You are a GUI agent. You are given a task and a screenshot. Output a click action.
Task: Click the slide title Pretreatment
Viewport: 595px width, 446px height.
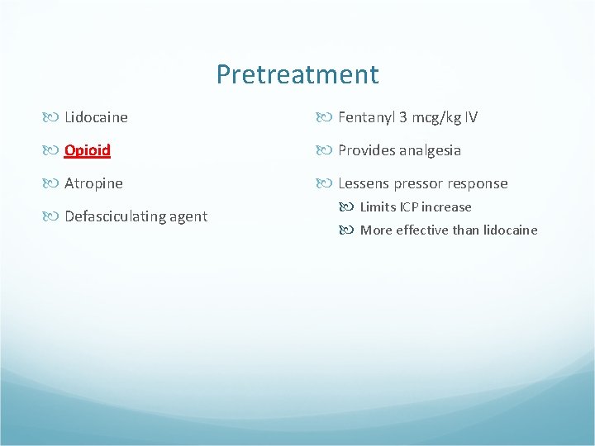297,74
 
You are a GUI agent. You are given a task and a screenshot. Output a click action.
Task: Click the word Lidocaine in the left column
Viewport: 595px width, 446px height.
96,117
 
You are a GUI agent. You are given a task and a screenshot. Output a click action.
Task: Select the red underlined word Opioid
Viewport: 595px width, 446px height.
88,150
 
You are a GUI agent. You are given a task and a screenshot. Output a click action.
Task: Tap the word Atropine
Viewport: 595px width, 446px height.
93,183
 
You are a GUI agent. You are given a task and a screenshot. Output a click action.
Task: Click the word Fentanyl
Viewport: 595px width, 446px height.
366,117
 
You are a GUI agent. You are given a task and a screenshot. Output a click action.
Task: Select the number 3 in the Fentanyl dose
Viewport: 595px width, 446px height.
402,117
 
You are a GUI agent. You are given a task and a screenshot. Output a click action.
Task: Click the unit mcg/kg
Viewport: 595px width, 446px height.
435,117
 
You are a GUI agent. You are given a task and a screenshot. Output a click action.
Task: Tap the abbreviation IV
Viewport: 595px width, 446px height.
470,117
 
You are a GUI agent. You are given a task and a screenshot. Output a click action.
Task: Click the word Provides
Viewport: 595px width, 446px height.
366,150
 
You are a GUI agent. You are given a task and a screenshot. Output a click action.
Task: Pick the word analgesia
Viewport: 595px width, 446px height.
431,150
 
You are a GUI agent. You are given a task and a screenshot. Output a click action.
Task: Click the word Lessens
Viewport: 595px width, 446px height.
364,183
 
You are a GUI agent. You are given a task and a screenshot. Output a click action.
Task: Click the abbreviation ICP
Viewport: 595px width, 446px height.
408,207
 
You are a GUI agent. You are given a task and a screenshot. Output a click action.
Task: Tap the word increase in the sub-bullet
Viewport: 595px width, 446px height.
446,207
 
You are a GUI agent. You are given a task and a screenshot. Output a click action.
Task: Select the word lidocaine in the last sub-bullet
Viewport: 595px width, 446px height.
510,230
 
